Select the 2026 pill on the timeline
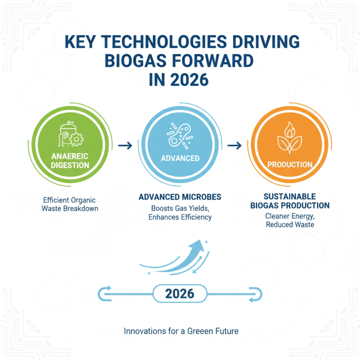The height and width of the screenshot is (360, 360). point(180,294)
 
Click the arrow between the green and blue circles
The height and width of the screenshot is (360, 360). point(125,145)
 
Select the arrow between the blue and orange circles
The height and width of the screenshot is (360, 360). point(234,145)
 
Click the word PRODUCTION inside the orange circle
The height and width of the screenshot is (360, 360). point(290,164)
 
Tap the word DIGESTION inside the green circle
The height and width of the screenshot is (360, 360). point(70,165)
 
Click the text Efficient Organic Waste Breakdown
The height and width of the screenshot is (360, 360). point(70,204)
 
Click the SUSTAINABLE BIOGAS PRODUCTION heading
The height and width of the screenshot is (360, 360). point(290,201)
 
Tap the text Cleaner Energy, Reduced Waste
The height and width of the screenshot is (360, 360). point(290,220)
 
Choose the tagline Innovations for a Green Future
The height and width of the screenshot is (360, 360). point(181,331)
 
